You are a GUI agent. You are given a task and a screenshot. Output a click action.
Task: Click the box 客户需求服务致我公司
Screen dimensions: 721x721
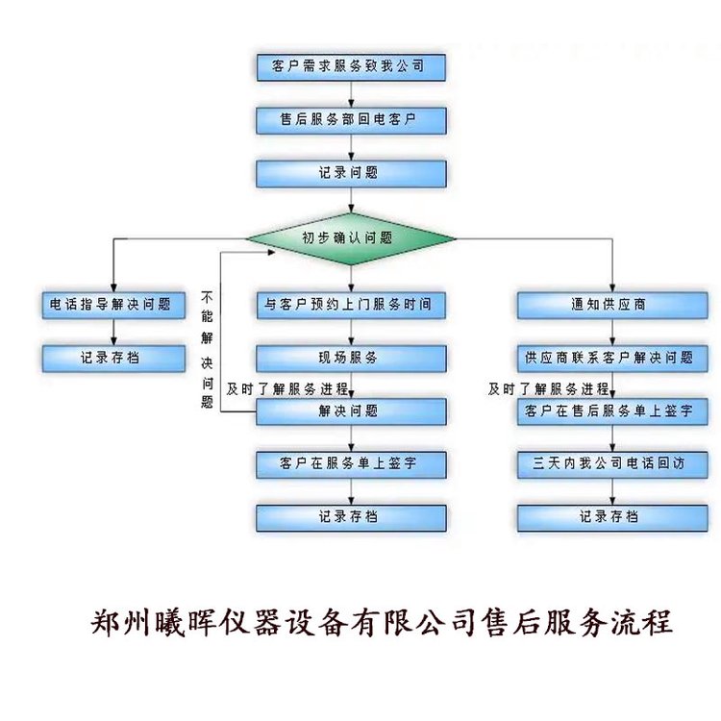tap(351, 67)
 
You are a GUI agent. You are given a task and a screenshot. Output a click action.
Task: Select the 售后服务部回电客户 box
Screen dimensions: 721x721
tap(351, 120)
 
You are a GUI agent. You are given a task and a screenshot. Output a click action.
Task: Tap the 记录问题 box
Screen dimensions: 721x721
tap(351, 174)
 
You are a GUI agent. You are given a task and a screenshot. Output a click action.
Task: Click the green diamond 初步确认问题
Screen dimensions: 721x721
tap(351, 238)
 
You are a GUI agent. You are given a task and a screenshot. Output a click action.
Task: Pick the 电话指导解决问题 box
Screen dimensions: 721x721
tap(113, 306)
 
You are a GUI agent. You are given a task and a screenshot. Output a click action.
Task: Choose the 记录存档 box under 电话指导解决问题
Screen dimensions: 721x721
tap(113, 359)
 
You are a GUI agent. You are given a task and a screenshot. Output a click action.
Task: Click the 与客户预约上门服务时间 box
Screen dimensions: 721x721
tap(351, 306)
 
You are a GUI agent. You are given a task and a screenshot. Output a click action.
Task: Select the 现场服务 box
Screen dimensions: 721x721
tap(351, 359)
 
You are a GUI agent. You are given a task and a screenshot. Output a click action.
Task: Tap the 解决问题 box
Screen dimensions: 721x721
tap(351, 411)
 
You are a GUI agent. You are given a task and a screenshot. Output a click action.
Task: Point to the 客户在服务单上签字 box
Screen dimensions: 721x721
tap(351, 464)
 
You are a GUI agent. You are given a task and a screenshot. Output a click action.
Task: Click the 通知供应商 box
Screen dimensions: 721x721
tap(612, 306)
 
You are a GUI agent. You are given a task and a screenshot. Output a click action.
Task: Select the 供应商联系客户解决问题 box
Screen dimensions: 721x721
tap(612, 359)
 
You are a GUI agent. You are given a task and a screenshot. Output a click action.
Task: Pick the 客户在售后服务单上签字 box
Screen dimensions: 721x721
tap(612, 411)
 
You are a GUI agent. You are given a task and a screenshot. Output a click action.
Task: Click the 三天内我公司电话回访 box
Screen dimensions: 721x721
tap(612, 464)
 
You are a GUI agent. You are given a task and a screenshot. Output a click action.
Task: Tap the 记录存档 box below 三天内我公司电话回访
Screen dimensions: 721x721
tap(612, 518)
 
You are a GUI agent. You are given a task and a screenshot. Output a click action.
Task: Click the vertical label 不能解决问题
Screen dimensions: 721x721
tap(207, 350)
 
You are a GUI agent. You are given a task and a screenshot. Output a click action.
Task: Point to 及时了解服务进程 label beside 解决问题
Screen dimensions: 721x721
tap(287, 389)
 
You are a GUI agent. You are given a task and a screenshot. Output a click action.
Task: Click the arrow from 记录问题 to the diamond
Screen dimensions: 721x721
tap(351, 200)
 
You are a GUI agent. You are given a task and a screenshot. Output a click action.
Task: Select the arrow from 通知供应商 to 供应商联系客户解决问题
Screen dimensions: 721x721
tap(612, 332)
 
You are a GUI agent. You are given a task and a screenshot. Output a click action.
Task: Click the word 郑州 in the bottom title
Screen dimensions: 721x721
tap(120, 623)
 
